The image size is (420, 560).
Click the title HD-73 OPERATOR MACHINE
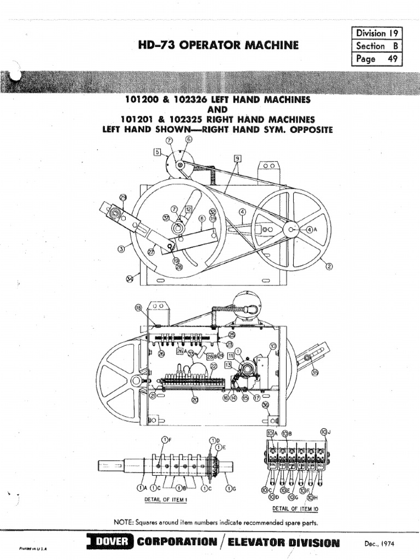tap(219, 45)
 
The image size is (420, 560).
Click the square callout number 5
tap(157, 153)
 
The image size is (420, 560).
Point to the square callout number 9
tap(237, 159)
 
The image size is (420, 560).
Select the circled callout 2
tap(329, 266)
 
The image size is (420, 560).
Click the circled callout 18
tap(138, 308)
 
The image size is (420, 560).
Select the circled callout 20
tap(194, 400)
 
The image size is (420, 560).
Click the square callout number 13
tap(228, 365)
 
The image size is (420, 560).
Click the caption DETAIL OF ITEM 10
tap(295, 509)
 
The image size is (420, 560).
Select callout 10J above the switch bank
tap(325, 433)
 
